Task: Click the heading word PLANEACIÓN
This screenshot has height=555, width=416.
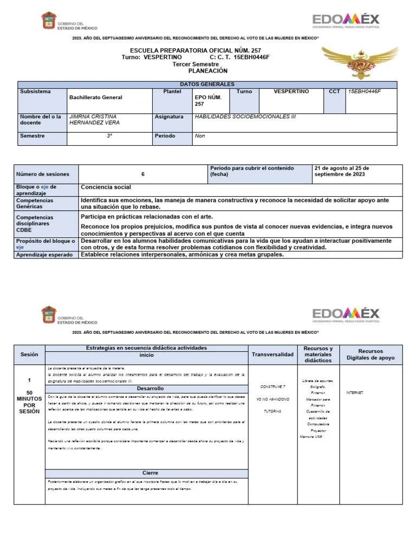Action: click(x=208, y=71)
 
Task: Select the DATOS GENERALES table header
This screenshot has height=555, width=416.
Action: click(x=207, y=85)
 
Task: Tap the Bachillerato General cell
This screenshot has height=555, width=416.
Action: click(x=95, y=98)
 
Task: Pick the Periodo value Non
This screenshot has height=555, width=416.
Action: click(x=200, y=136)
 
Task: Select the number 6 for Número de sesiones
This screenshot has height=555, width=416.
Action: click(x=143, y=175)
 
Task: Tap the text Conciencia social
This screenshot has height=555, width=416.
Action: click(x=106, y=188)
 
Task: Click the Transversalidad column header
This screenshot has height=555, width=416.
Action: click(x=272, y=354)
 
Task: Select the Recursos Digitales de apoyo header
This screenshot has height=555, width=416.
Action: click(x=370, y=354)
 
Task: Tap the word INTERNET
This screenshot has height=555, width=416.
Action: click(x=354, y=392)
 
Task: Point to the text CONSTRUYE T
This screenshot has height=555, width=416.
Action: click(x=272, y=386)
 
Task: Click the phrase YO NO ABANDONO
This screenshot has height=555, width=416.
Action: click(x=272, y=399)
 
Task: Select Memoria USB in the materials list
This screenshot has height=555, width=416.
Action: click(x=311, y=436)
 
